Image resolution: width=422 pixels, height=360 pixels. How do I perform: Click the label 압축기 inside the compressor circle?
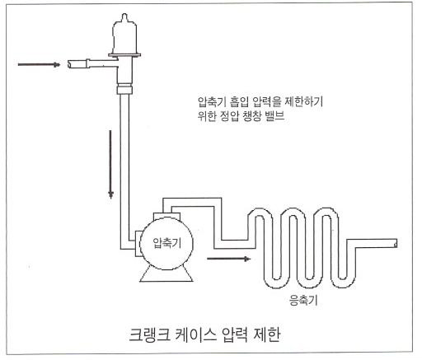click(166, 243)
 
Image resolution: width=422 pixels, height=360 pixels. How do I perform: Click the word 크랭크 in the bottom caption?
click(150, 335)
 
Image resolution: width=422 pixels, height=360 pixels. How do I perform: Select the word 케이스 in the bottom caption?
click(195, 335)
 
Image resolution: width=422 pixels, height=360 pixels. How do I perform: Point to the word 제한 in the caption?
click(266, 335)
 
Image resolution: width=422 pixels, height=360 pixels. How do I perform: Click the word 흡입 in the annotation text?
click(239, 102)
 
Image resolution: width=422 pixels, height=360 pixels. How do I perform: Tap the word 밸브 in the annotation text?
click(274, 115)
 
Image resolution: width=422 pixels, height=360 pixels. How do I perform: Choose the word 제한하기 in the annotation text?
click(303, 102)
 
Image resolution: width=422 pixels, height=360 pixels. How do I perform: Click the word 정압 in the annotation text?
click(230, 115)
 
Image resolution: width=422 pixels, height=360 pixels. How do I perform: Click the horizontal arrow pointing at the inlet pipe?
click(39, 65)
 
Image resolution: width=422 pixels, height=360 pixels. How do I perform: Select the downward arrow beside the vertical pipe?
click(110, 164)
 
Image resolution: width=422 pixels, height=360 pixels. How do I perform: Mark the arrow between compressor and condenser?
click(228, 259)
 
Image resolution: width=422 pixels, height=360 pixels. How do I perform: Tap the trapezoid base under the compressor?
click(166, 274)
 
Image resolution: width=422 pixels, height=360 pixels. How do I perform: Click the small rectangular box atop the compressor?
click(166, 216)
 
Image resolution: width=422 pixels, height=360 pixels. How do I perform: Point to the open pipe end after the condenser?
click(395, 243)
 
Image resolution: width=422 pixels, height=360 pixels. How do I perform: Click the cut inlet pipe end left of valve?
click(70, 64)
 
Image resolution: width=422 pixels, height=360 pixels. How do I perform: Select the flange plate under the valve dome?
click(124, 55)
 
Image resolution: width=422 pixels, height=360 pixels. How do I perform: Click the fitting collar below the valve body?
click(124, 90)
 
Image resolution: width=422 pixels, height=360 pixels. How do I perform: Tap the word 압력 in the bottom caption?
click(234, 335)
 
